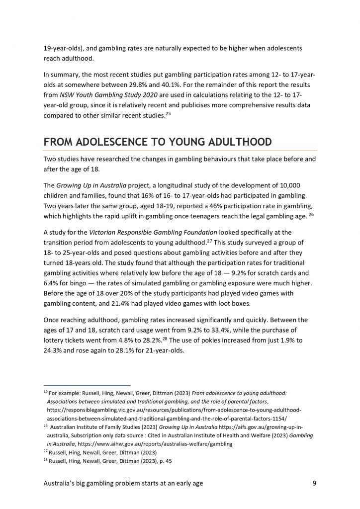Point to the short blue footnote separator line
point(87,385)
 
